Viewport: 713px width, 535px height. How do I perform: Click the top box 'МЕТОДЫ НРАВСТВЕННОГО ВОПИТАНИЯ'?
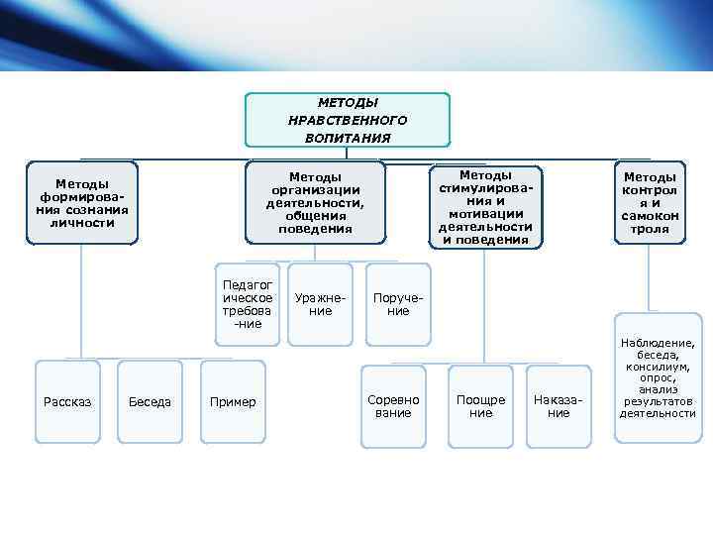[x=348, y=120]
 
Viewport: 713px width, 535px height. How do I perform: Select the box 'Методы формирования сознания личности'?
[x=82, y=203]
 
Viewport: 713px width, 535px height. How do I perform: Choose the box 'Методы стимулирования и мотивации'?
[x=485, y=206]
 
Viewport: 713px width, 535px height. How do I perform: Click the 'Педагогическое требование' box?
[x=248, y=304]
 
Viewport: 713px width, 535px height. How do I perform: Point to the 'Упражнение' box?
[x=320, y=304]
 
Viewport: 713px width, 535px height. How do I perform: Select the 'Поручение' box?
[x=398, y=304]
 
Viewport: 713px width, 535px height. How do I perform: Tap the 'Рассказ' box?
[x=67, y=401]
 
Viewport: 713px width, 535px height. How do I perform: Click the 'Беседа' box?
[x=150, y=401]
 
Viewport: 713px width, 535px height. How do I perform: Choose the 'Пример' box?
[x=233, y=401]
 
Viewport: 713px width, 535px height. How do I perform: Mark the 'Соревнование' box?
[x=393, y=405]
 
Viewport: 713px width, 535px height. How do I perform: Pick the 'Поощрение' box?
[x=480, y=405]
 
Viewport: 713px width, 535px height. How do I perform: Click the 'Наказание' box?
[x=560, y=405]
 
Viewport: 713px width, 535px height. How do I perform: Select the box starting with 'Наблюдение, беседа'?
[x=658, y=377]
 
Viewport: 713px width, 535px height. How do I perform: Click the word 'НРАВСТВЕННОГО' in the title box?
[x=348, y=120]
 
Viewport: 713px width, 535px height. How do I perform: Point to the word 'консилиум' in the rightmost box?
[x=658, y=366]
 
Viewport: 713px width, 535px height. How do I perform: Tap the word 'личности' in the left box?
[x=82, y=222]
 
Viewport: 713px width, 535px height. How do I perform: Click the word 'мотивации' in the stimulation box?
[x=485, y=213]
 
